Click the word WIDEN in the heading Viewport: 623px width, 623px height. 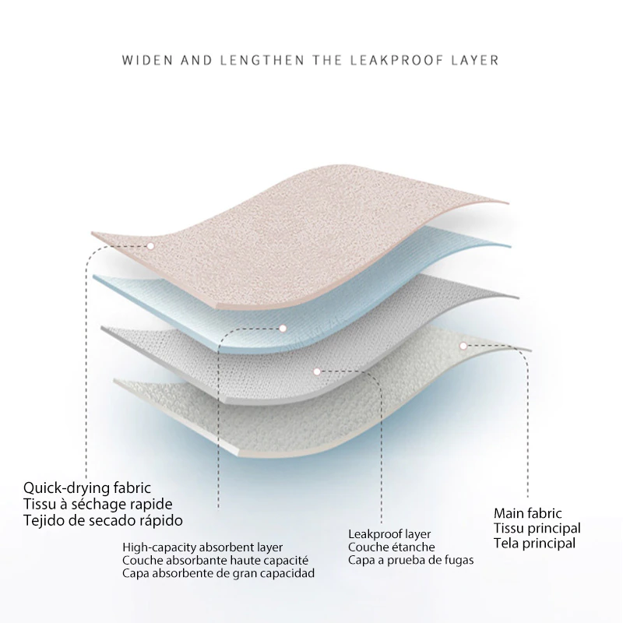coord(147,61)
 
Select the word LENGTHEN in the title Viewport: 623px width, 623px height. coord(262,61)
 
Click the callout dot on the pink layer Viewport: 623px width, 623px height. coord(150,246)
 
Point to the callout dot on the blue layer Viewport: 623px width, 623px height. coord(283,328)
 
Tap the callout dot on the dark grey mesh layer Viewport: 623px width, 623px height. coord(317,372)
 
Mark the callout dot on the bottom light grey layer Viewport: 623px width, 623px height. coord(463,346)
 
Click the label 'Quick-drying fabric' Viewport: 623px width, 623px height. coord(87,488)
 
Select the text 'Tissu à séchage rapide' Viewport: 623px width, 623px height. coord(98,504)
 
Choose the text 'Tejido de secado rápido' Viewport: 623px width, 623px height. coord(103,520)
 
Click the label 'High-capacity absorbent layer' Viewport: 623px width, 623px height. coord(202,547)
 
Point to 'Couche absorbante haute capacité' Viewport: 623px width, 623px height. coord(215,561)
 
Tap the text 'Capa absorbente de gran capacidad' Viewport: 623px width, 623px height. coord(218,573)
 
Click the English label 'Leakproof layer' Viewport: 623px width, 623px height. coord(389,534)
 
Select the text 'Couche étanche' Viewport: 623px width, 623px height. coord(392,547)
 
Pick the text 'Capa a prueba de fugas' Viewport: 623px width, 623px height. coord(411,560)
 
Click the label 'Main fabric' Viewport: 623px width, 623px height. coord(528,513)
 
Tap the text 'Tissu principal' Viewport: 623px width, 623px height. coord(537,529)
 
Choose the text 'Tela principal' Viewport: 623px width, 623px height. coord(534,543)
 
